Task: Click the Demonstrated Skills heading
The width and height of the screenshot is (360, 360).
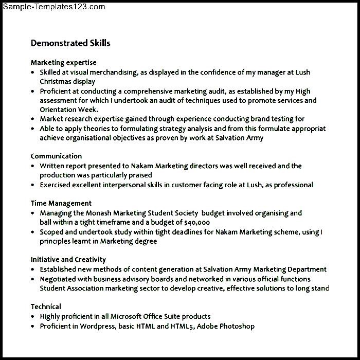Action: [x=70, y=43]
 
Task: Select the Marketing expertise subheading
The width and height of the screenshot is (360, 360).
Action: [x=63, y=63]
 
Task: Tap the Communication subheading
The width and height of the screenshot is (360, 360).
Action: [x=56, y=156]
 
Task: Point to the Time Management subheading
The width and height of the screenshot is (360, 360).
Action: [x=61, y=203]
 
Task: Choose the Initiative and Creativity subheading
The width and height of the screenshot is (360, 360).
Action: [x=68, y=260]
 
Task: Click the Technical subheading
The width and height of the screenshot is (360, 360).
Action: [x=46, y=307]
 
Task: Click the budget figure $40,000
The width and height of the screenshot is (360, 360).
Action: [x=196, y=222]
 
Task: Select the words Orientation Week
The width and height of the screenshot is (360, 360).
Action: [x=68, y=110]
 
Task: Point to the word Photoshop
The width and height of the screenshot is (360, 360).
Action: [x=237, y=326]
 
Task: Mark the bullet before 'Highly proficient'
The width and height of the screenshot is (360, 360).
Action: [x=33, y=317]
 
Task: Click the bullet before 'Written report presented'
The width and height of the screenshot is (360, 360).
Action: [x=33, y=166]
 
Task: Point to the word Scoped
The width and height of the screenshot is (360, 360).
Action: [x=51, y=232]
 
